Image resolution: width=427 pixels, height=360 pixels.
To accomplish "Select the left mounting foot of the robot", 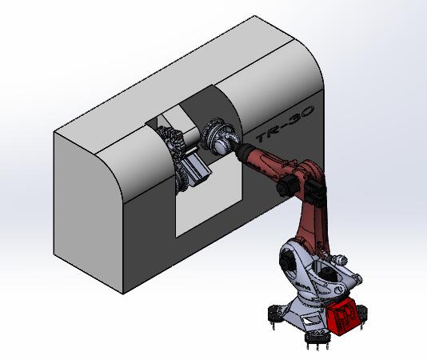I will [x=275, y=314].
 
